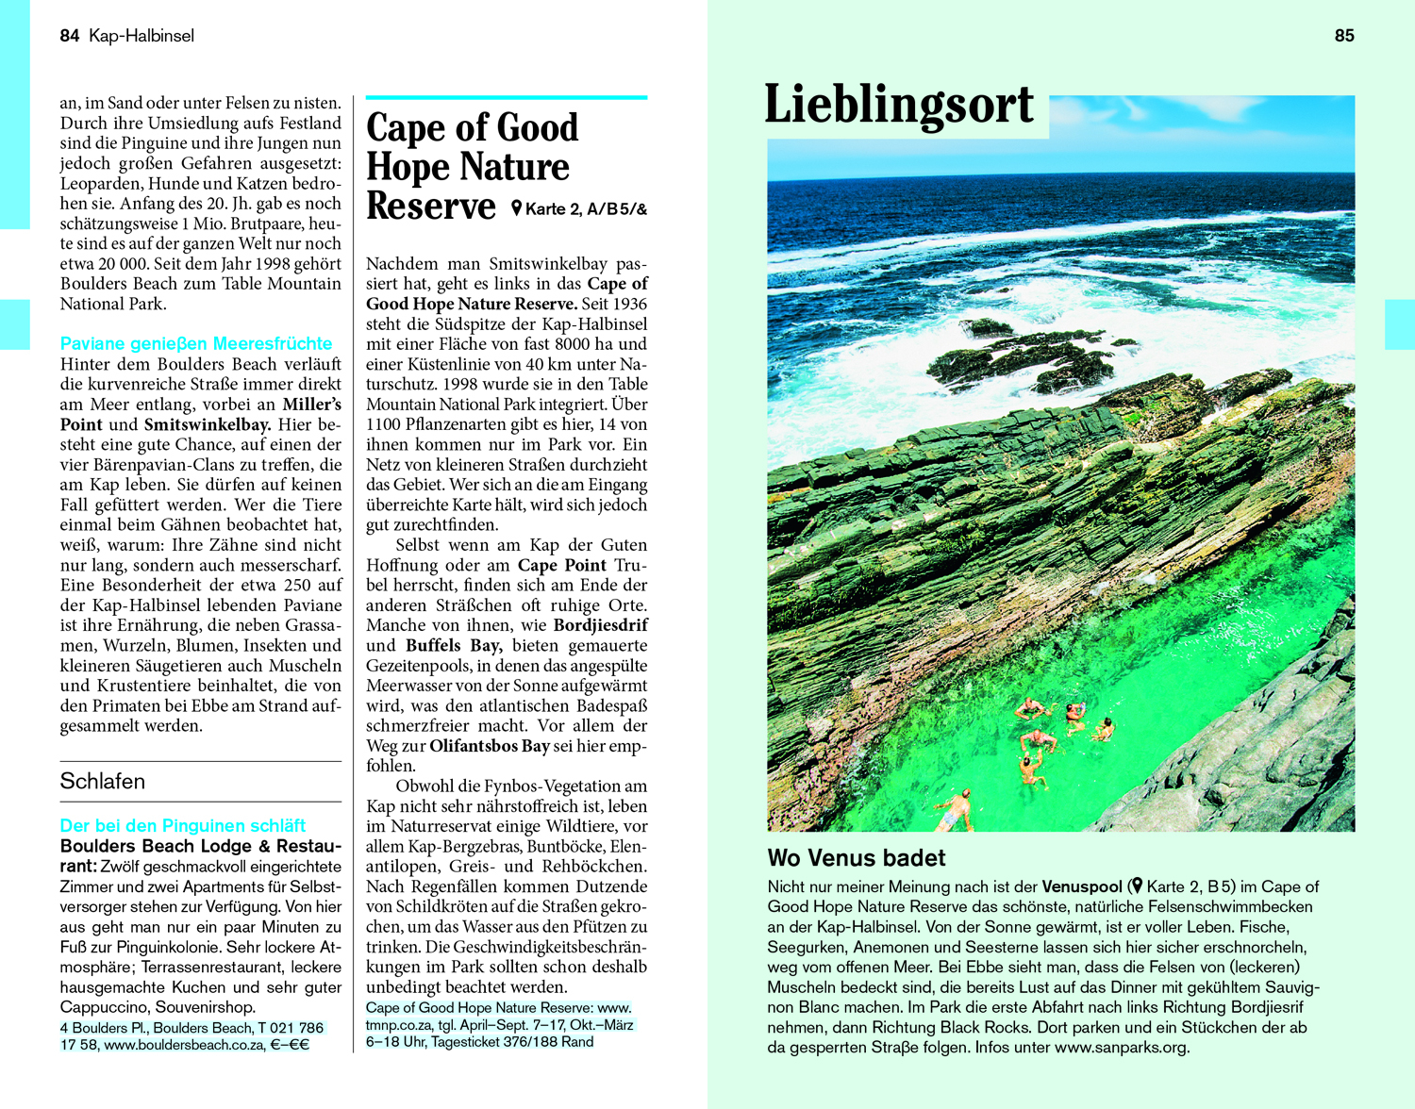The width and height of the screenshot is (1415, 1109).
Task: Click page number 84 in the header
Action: click(69, 36)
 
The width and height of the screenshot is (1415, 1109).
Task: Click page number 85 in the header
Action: click(1344, 36)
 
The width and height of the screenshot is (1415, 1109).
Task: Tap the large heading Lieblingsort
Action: click(898, 105)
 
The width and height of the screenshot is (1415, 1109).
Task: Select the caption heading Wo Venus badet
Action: click(856, 858)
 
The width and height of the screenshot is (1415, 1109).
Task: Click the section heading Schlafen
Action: click(103, 782)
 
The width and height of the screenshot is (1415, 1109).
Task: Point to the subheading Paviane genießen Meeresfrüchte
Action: click(196, 343)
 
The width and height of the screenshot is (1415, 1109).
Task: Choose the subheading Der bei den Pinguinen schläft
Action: click(183, 826)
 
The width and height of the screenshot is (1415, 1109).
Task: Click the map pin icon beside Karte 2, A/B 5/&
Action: click(516, 208)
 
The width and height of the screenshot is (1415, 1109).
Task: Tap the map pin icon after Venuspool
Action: click(1136, 886)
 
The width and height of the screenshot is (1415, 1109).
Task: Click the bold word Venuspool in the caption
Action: click(1081, 886)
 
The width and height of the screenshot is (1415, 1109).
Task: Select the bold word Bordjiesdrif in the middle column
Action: click(600, 625)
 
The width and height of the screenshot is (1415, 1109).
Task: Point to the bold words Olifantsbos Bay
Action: click(490, 746)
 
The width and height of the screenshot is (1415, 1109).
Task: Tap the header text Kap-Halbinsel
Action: click(141, 36)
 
